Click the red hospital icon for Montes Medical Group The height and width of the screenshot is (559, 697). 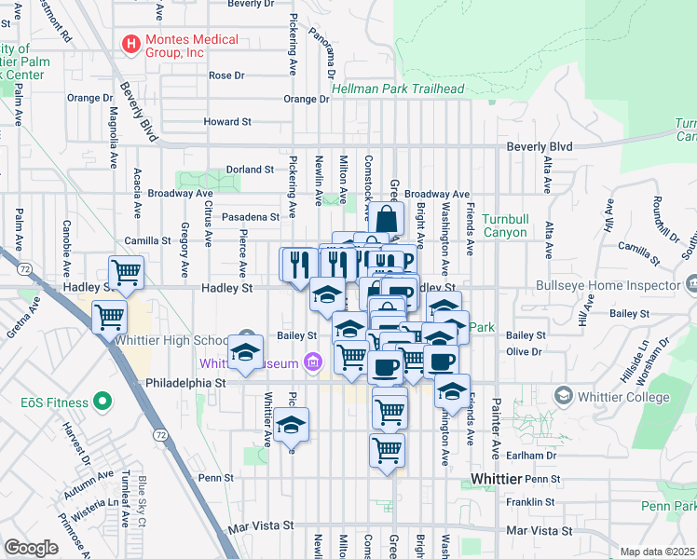pos(131,44)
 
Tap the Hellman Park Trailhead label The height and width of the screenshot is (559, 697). pos(398,89)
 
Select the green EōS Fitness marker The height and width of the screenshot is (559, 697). pos(103,403)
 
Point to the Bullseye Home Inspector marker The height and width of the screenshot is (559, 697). pos(690,283)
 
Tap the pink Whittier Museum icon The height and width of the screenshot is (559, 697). pos(314,361)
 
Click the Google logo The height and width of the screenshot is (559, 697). pos(31,548)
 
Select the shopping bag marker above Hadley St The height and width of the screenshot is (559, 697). pos(387,220)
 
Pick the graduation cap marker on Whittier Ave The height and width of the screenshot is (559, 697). pos(246,353)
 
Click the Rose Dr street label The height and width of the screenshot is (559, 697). pos(226,75)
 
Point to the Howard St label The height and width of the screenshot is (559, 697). pos(227,122)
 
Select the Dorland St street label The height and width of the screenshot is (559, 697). pos(250,170)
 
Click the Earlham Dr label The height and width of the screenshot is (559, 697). pos(533,456)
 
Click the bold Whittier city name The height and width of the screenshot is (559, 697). pos(493,477)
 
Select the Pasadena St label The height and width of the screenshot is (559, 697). pos(251,217)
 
